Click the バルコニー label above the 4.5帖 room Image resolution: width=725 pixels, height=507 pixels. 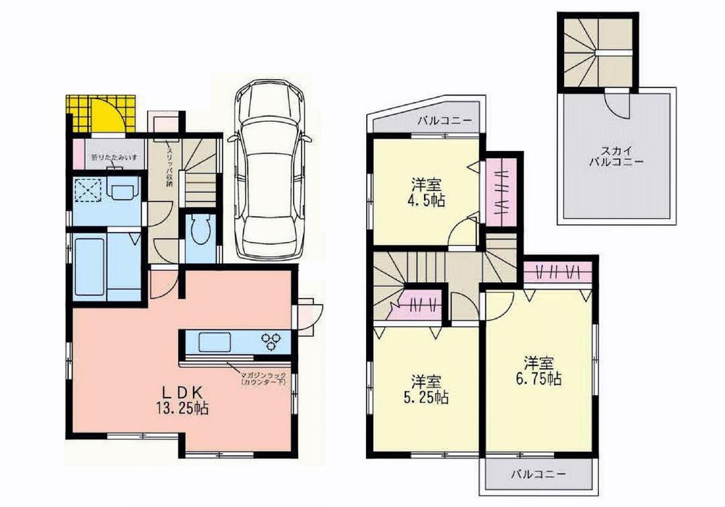(445, 120)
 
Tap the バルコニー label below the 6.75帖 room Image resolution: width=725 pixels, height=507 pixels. (536, 474)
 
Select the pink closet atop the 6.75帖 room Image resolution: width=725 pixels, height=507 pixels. (558, 273)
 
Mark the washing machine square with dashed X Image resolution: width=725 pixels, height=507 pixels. (88, 191)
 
